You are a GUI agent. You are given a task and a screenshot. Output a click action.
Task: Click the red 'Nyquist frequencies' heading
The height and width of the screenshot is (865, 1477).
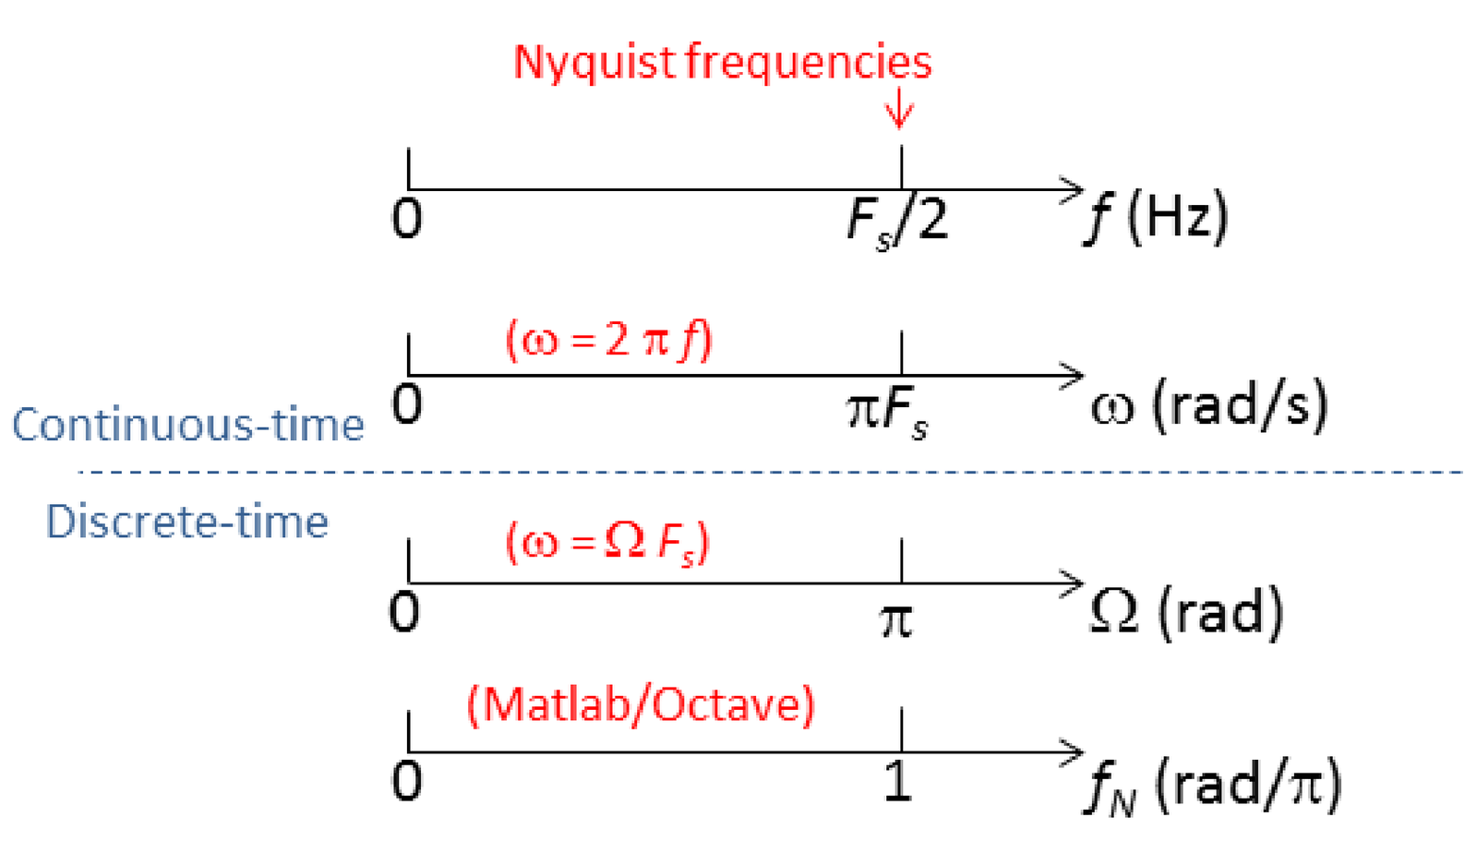point(722,63)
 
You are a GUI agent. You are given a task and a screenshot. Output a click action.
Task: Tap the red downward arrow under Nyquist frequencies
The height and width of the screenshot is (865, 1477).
point(899,112)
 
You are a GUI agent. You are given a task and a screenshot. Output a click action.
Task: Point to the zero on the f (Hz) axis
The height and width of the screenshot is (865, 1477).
point(407,220)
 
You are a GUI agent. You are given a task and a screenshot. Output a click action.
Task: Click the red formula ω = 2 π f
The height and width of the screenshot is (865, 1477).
point(609,341)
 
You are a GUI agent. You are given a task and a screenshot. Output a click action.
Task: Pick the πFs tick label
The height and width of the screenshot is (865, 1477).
point(887,412)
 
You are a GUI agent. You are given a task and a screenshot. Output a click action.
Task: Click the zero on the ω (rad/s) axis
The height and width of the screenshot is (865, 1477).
point(407,404)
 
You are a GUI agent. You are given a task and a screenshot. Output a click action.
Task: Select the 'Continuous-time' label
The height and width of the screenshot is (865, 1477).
point(188,426)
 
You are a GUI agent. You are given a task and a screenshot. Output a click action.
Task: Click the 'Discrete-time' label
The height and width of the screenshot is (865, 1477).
point(187,523)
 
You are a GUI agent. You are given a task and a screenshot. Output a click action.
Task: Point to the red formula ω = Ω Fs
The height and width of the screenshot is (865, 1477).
point(607,543)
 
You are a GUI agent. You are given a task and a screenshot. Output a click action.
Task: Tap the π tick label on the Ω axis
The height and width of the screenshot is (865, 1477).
point(895,619)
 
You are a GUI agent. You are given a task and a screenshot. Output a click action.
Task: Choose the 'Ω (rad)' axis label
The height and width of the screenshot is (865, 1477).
point(1186,613)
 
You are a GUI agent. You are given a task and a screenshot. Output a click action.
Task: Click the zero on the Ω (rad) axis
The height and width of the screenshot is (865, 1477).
point(405,612)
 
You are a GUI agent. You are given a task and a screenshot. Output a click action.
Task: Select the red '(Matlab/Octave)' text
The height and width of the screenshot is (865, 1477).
point(641,705)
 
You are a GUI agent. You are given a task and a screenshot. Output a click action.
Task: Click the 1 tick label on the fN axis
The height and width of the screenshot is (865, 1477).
point(896,783)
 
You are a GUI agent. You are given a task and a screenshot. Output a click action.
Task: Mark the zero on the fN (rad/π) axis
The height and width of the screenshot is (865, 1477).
point(407,782)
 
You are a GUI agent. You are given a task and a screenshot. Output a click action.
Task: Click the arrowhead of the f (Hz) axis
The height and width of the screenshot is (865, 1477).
point(1075,190)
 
